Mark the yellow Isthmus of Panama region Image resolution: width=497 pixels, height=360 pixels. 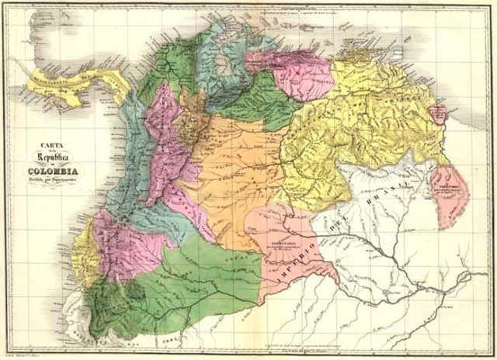point(70,80)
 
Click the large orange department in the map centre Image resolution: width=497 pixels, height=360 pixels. point(233,178)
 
